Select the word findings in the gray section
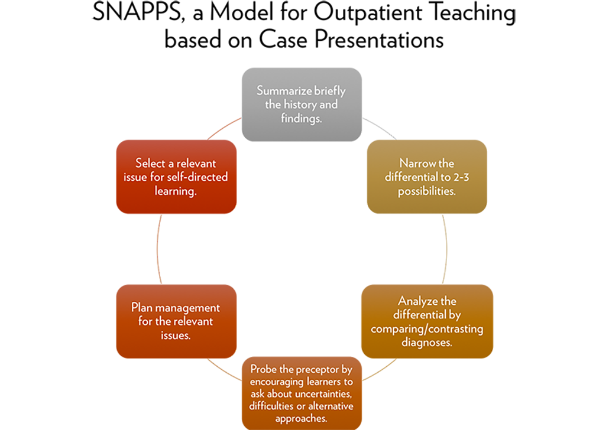point(301,119)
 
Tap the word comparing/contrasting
point(427,328)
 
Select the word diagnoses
point(427,342)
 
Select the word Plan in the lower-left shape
point(142,308)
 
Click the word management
point(188,308)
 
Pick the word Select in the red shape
point(148,163)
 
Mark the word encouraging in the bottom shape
point(276,382)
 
